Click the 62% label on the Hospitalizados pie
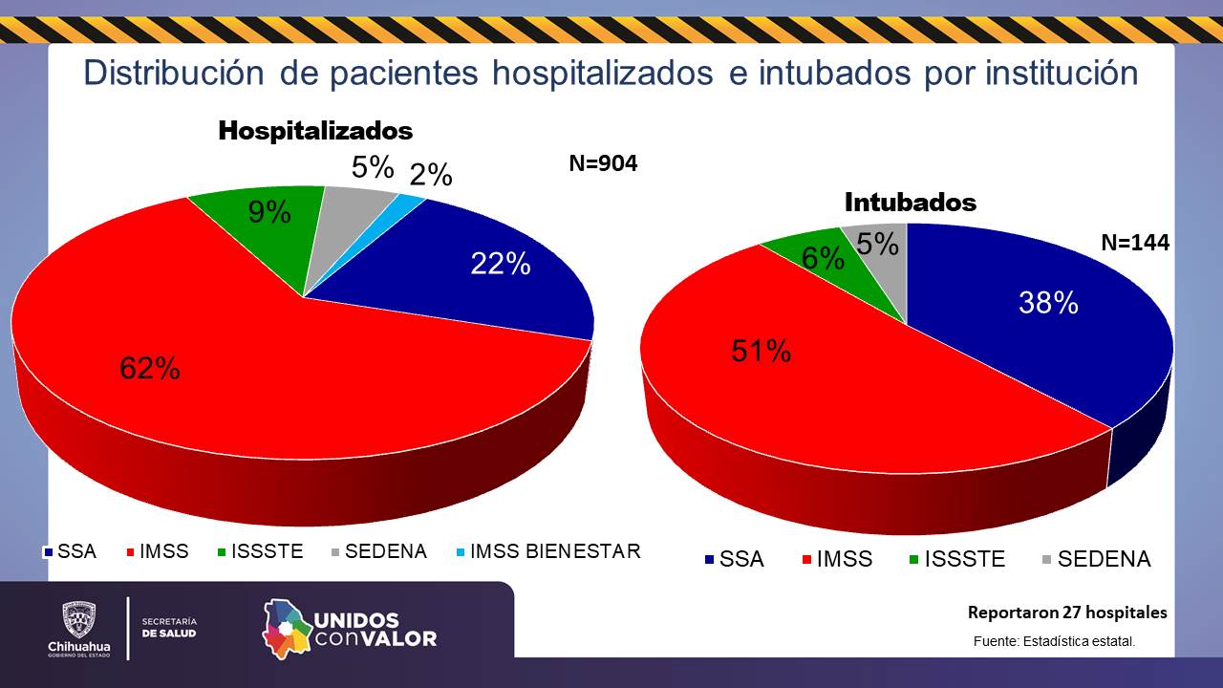150,368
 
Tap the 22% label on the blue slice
501,264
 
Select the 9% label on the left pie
269,212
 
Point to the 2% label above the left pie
431,175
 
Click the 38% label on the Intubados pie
1048,303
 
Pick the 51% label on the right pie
762,351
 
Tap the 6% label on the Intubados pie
823,258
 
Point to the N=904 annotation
603,163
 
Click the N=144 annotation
1135,243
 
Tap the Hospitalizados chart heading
315,131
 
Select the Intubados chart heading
911,203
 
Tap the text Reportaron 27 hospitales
1067,613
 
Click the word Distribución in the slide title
173,74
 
